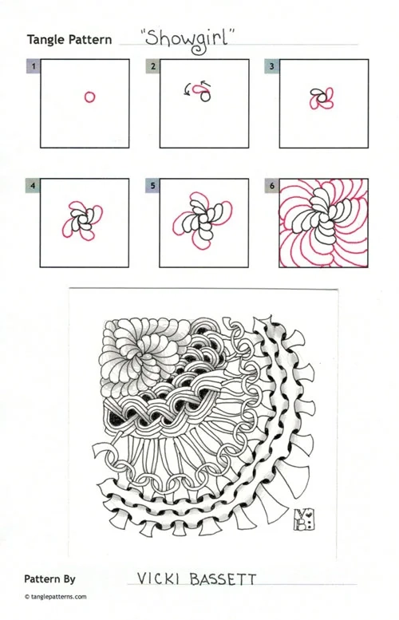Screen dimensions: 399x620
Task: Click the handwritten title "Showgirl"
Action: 187,40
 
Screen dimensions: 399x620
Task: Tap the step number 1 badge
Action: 34,66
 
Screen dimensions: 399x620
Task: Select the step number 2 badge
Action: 153,66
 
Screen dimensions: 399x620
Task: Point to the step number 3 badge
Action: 271,66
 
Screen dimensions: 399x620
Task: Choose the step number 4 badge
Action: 34,185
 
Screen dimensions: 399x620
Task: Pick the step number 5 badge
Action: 152,185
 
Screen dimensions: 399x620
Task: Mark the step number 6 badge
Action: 272,185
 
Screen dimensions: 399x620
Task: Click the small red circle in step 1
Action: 89,97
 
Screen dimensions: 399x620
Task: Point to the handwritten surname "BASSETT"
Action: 223,579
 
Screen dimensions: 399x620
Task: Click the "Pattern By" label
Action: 49,579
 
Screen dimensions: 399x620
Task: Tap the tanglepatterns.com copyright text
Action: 55,597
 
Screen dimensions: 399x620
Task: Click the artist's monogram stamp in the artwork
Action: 304,519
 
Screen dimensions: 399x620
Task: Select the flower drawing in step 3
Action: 322,98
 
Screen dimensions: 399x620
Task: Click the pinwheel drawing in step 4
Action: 82,220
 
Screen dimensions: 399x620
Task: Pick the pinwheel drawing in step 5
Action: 203,220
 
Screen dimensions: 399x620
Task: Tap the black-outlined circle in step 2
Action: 205,96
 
